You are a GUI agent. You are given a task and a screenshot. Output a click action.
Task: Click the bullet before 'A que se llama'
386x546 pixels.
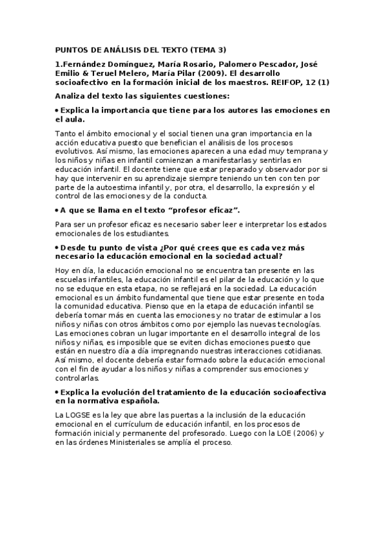pos(57,210)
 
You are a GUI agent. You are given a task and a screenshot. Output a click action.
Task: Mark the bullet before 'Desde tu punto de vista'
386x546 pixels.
pos(57,247)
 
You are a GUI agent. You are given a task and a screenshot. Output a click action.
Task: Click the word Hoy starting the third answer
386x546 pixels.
pos(63,270)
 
